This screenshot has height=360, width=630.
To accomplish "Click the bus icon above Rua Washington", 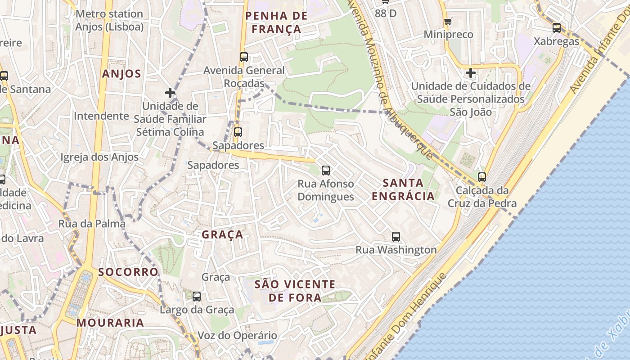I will coord(396,236).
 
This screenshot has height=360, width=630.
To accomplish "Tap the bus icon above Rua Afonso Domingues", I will coord(326,171).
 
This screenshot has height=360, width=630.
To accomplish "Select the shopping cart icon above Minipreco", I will coord(448,21).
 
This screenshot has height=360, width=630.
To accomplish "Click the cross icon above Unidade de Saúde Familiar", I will coord(170,93).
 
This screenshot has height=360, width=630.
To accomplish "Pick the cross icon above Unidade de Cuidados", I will coord(471,72).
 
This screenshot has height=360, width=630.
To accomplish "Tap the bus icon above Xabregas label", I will coord(557,27).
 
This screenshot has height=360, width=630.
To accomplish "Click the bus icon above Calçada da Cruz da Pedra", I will coord(482,177).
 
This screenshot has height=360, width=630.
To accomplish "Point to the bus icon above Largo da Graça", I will coord(197,297).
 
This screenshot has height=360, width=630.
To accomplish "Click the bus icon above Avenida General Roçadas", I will coord(244,57).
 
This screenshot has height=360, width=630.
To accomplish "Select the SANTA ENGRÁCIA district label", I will coord(404,189).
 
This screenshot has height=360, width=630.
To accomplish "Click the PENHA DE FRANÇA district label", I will coord(276,22).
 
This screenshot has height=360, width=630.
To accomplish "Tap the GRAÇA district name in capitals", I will coord(222,234).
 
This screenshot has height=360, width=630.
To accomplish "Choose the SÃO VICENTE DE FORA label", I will coord(295,291).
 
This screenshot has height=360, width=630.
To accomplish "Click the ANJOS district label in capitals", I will coord(121,74).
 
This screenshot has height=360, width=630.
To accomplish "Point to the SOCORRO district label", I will coord(128,272).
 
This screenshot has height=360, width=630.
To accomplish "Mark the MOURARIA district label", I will coord(110,323).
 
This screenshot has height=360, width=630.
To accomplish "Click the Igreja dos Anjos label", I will coord(99,157).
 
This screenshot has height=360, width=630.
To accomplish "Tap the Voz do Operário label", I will coord(238,335).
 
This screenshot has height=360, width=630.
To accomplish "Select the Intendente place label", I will coord(101,116).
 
